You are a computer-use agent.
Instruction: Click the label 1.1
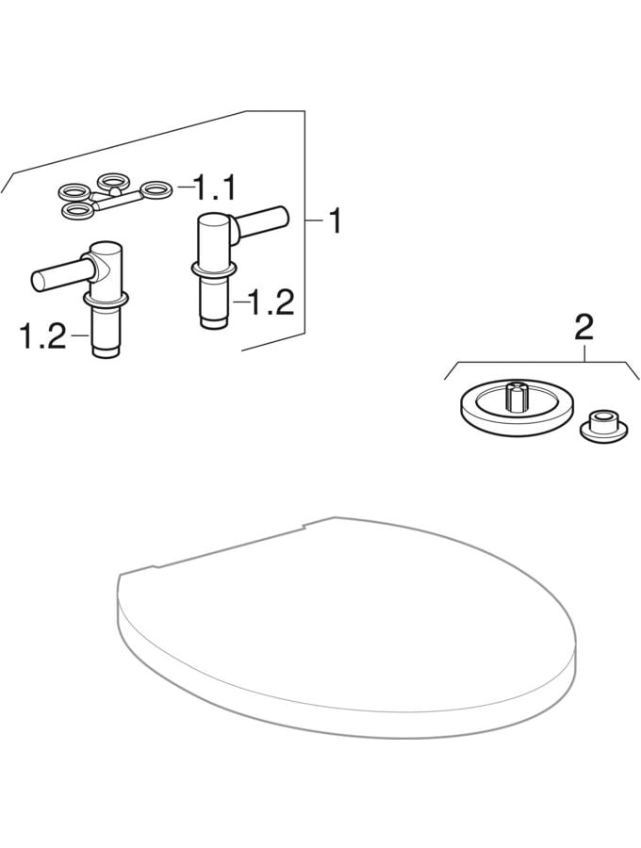pyautogui.click(x=215, y=188)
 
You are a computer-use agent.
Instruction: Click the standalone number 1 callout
pyautogui.click(x=336, y=220)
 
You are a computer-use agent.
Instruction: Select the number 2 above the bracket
pyautogui.click(x=584, y=327)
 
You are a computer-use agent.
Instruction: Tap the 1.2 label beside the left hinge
pyautogui.click(x=42, y=335)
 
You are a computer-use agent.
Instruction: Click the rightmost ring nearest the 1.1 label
pyautogui.click(x=156, y=188)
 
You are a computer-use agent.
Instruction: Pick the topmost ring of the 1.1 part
pyautogui.click(x=112, y=180)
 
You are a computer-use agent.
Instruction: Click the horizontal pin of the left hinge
pyautogui.click(x=60, y=274)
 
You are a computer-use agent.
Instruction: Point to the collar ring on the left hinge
pyautogui.click(x=106, y=298)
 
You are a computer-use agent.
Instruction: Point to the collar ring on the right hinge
pyautogui.click(x=214, y=269)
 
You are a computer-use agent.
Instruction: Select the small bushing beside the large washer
pyautogui.click(x=603, y=427)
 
